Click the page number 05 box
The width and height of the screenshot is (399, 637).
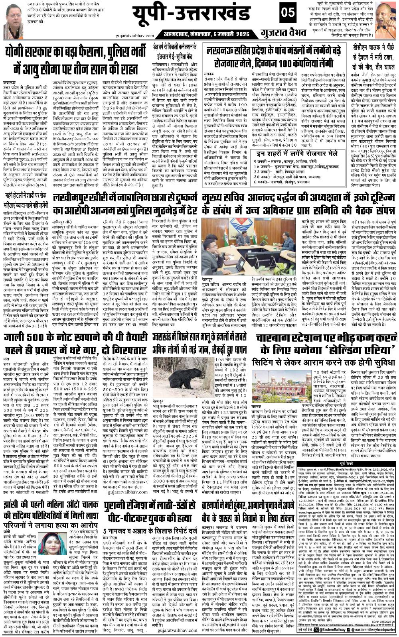[286, 13]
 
